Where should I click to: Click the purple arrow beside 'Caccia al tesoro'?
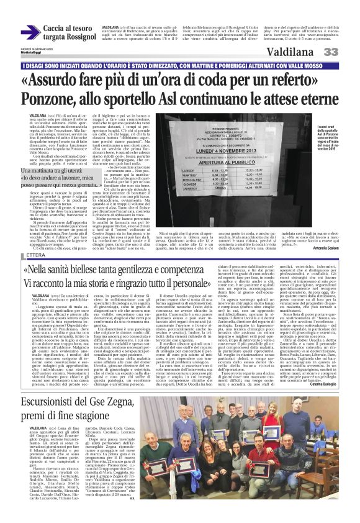30,32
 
